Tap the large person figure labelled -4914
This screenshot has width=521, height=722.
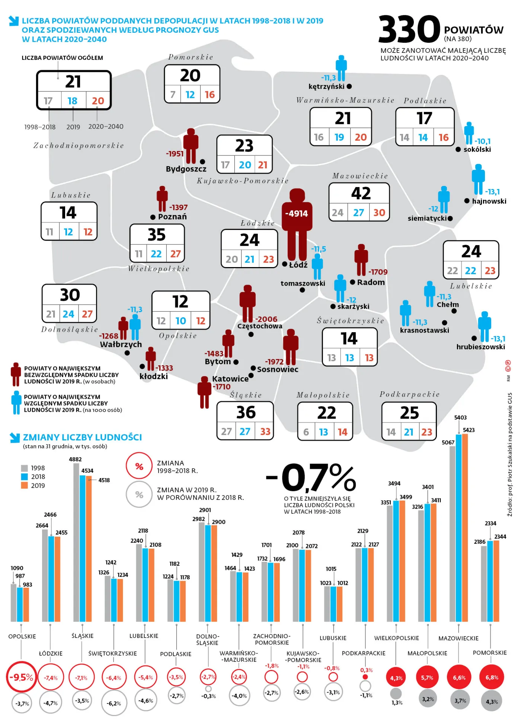297,223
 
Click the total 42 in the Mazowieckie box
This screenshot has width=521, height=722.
361,193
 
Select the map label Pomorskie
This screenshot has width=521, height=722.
191,57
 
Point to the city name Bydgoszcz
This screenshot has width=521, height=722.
186,169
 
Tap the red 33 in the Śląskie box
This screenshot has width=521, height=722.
265,431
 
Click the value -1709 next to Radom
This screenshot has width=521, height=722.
378,272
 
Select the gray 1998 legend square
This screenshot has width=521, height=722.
25,468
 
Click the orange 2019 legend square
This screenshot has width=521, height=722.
25,485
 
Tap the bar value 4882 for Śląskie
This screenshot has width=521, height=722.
75,459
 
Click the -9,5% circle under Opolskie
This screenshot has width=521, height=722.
21,677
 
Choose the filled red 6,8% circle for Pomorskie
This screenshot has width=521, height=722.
492,677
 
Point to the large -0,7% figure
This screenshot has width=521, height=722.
311,478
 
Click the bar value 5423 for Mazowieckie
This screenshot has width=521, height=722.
469,430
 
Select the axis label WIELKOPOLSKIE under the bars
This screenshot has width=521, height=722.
396,638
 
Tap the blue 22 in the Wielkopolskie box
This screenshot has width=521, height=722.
156,254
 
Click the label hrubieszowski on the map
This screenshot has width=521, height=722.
480,347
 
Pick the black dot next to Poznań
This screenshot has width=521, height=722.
153,217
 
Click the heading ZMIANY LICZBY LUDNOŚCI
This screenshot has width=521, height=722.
82,437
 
